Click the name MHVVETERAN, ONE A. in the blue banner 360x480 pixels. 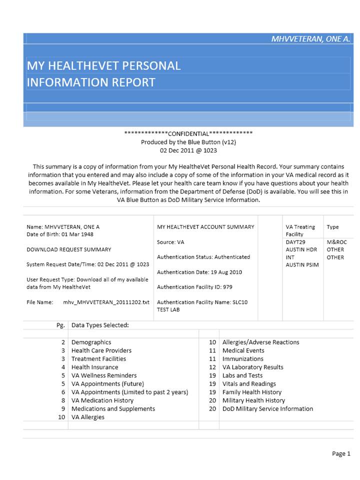pos(310,39)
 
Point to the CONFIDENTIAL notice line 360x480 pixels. pos(188,133)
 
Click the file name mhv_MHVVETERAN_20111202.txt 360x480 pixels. pos(106,302)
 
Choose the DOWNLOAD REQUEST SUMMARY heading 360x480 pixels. pos(68,249)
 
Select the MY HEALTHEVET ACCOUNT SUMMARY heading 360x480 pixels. pos(205,226)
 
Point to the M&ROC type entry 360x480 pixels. pos(336,242)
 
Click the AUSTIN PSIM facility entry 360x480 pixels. pos(302,264)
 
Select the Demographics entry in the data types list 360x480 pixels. pos(91,342)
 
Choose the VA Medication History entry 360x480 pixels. pos(102,400)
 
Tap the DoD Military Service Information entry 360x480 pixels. pos(267,409)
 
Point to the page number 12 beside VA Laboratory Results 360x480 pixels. pos(212,367)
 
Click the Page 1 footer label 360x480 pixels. pos(341,453)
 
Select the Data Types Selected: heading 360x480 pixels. pos(100,325)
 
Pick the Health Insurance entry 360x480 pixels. pos(95,367)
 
